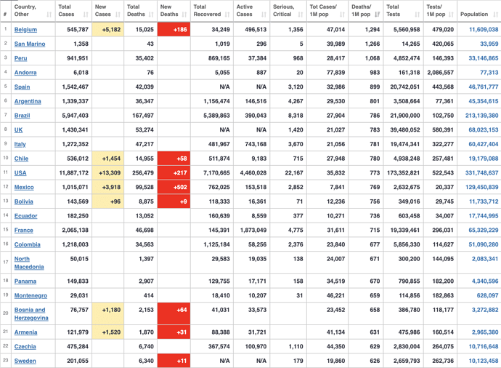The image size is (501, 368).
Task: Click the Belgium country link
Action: [x=25, y=30]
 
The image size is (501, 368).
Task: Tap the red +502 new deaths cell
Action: [x=174, y=187]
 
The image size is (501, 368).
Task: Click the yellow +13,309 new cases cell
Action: [x=107, y=173]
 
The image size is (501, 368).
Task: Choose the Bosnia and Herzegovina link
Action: [x=31, y=313]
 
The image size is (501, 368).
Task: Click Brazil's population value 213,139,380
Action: [x=478, y=116]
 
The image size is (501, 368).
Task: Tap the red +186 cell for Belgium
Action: [x=174, y=30]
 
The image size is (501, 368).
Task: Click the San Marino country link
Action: [x=30, y=44]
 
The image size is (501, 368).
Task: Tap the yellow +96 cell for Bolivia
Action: [x=107, y=201]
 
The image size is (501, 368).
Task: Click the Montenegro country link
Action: [x=30, y=295]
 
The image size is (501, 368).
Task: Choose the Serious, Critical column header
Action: [x=285, y=10]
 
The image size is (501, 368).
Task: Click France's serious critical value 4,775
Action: [x=294, y=230]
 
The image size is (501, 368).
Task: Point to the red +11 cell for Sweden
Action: [x=174, y=361]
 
